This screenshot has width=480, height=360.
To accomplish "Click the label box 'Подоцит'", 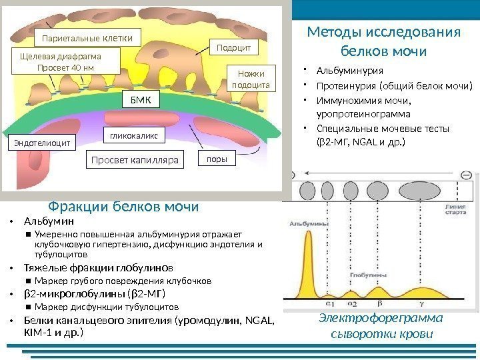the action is coord(234,47).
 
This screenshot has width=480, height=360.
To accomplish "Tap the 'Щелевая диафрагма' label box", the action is coord(66,61).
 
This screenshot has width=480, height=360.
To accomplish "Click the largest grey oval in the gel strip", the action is coord(419,190).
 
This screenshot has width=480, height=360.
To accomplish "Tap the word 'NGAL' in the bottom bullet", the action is coord(259,320).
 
